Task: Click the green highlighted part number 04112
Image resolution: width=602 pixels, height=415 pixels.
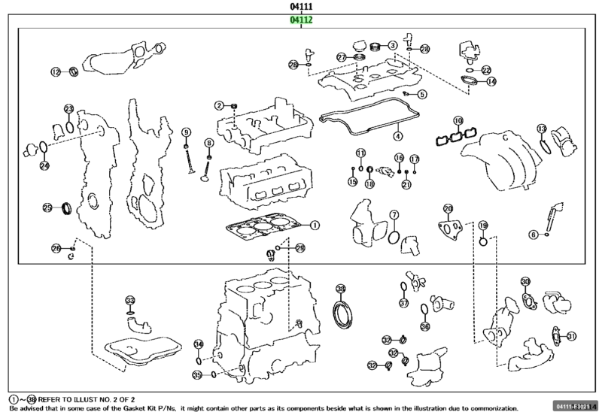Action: click(x=301, y=21)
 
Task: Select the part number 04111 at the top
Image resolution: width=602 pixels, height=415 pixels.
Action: click(x=301, y=7)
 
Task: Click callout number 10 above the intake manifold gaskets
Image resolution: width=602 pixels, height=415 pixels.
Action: click(x=458, y=120)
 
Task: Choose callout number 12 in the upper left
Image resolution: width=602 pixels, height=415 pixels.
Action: click(x=55, y=72)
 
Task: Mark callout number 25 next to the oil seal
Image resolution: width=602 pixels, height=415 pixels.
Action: click(x=47, y=207)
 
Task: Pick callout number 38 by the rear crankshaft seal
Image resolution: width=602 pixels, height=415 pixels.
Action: click(x=340, y=289)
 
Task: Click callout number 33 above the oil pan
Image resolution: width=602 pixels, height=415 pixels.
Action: click(x=129, y=299)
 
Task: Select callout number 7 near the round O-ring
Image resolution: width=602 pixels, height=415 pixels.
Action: click(x=393, y=215)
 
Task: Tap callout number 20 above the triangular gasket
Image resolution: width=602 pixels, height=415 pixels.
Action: click(x=448, y=208)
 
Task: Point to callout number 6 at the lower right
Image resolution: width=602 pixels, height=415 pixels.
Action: click(x=534, y=235)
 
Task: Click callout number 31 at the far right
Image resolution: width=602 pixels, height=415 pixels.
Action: click(x=571, y=336)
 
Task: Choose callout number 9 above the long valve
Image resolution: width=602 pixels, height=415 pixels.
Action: click(x=186, y=132)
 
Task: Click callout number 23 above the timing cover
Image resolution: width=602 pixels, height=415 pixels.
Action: click(x=68, y=109)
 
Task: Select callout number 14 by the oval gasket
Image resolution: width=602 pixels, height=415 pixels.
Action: click(x=491, y=81)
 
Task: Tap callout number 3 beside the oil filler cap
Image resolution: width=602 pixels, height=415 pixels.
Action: click(x=393, y=46)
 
